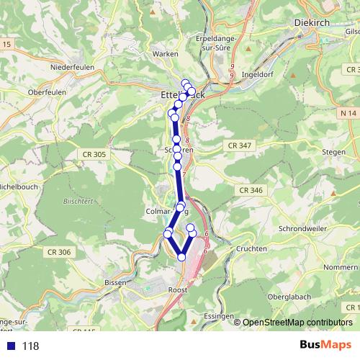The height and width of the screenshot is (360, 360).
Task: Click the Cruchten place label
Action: [x=251, y=248]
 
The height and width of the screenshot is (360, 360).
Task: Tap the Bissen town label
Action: [x=115, y=283]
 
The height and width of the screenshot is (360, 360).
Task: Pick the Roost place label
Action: [x=176, y=289]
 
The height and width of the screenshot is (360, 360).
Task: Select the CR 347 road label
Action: [x=239, y=145]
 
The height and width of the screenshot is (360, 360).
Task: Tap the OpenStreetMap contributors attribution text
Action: [x=297, y=323]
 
